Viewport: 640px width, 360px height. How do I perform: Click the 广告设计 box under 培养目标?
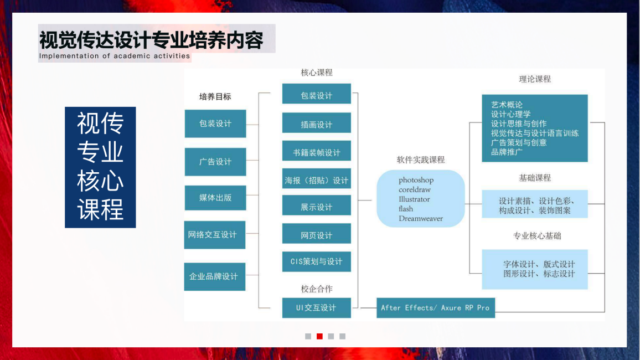pyautogui.click(x=215, y=162)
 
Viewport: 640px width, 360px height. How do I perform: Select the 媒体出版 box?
pyautogui.click(x=215, y=198)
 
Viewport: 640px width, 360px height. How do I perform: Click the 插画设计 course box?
pyautogui.click(x=317, y=124)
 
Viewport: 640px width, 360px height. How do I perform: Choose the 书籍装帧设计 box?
pyautogui.click(x=317, y=152)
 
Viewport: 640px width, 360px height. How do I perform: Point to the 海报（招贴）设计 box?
pyautogui.click(x=317, y=180)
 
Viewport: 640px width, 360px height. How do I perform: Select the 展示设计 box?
pyautogui.click(x=317, y=207)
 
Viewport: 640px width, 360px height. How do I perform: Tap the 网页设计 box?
pyautogui.click(x=317, y=235)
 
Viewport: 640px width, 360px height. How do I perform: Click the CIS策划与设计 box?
pyautogui.click(x=317, y=261)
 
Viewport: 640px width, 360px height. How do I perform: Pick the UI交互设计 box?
pyautogui.click(x=317, y=308)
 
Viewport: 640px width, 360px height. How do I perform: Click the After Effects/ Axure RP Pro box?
pyautogui.click(x=435, y=308)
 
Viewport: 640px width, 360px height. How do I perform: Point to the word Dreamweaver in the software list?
pyautogui.click(x=421, y=218)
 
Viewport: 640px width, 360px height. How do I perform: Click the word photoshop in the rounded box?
pyautogui.click(x=416, y=180)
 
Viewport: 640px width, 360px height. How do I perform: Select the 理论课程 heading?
pyautogui.click(x=535, y=79)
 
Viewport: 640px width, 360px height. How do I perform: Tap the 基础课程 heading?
pyautogui.click(x=535, y=178)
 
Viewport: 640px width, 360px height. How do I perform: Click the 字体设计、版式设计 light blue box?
pyautogui.click(x=535, y=269)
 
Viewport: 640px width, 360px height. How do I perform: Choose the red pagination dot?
pyautogui.click(x=319, y=336)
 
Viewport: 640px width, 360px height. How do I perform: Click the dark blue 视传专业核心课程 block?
pyautogui.click(x=100, y=167)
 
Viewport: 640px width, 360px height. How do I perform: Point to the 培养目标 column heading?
pyautogui.click(x=215, y=96)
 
